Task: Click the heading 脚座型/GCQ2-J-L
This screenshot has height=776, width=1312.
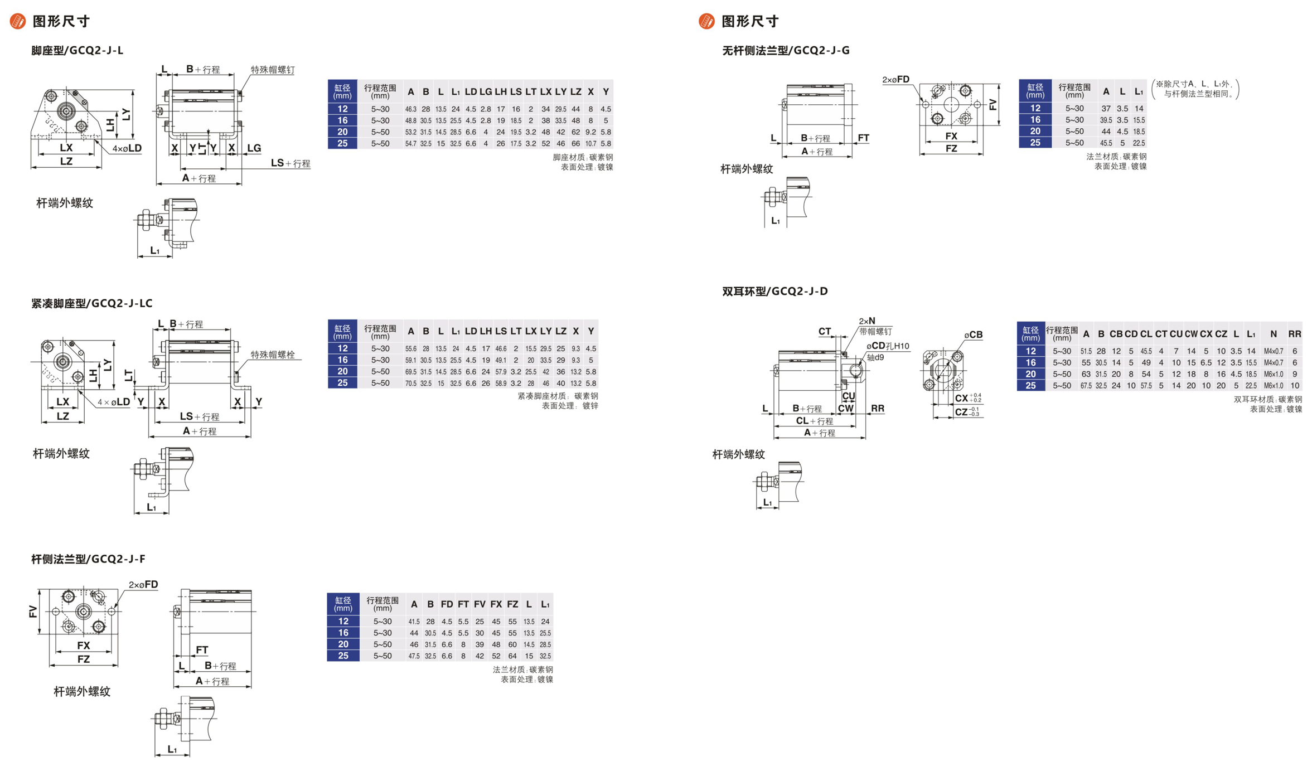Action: click(77, 51)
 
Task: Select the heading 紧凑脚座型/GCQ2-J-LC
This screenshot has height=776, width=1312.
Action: click(91, 303)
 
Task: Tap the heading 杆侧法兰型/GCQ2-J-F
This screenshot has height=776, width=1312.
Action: click(88, 559)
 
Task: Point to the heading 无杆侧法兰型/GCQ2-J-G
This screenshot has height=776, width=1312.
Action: click(786, 51)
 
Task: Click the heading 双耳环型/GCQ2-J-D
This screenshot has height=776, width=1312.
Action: click(774, 291)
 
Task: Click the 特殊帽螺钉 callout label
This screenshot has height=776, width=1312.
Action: click(272, 70)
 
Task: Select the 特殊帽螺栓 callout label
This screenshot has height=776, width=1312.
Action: click(272, 355)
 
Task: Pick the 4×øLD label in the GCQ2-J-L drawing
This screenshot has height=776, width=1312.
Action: click(127, 148)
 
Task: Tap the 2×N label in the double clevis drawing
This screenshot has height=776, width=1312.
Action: click(866, 321)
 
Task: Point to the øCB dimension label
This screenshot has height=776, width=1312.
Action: click(973, 334)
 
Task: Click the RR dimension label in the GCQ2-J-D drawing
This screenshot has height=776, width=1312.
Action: click(877, 408)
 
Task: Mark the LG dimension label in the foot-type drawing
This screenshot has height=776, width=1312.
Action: click(254, 148)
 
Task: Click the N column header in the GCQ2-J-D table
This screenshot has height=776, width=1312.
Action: click(1273, 334)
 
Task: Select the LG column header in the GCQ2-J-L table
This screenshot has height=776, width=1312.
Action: click(486, 92)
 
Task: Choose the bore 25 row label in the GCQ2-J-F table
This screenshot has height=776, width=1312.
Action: click(343, 656)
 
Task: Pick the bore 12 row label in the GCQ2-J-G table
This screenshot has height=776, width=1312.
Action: click(1035, 108)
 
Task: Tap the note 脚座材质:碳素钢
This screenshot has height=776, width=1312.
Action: click(583, 157)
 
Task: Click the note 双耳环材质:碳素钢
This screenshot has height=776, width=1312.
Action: click(1267, 399)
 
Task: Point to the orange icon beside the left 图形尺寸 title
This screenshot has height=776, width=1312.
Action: click(18, 21)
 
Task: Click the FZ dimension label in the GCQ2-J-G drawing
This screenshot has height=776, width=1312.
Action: click(951, 148)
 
